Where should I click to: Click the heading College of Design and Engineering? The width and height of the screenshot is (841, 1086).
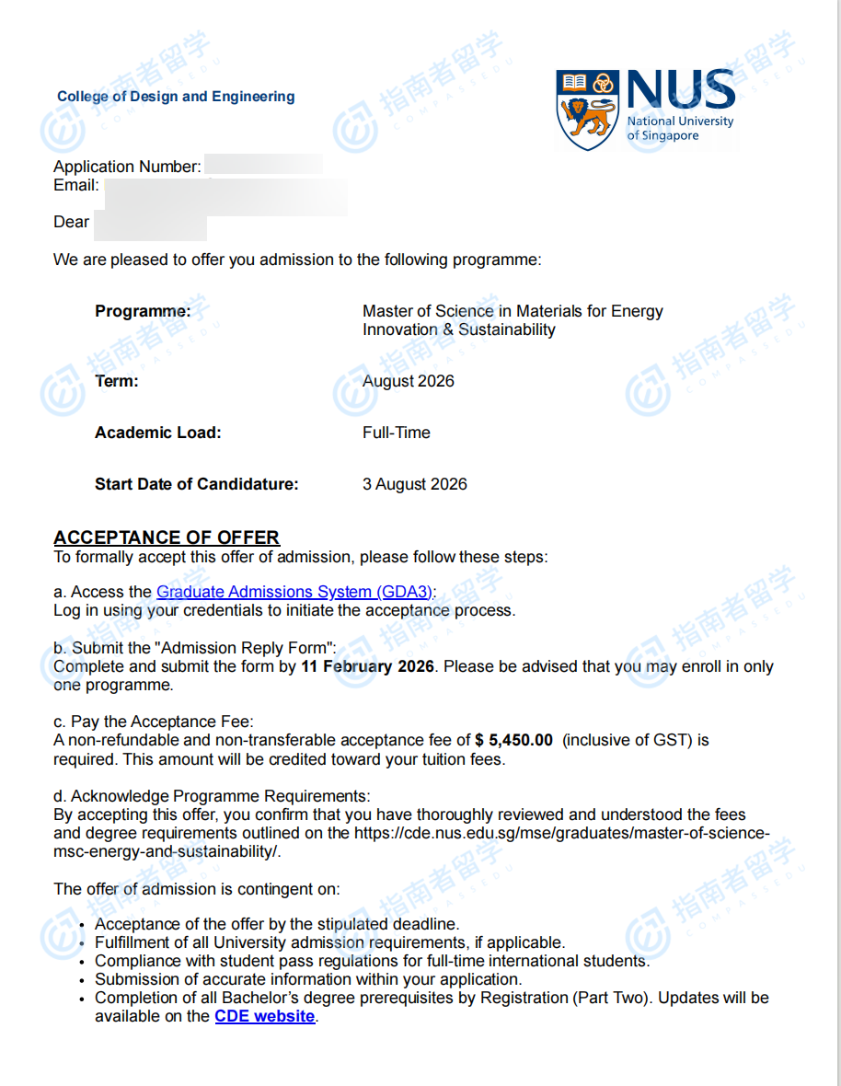click(176, 97)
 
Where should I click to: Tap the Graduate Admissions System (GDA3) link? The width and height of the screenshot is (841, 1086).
click(294, 592)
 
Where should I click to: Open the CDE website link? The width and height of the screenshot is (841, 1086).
click(264, 1016)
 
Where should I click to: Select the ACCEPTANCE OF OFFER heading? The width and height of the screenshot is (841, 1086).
click(167, 537)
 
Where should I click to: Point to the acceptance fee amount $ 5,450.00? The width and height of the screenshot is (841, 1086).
click(514, 740)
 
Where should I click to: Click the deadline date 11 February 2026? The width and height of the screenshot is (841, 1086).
click(367, 666)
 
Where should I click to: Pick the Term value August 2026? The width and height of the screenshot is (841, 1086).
click(408, 381)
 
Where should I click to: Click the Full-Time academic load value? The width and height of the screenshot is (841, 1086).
click(396, 433)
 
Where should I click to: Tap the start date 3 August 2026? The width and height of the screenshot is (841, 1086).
click(414, 484)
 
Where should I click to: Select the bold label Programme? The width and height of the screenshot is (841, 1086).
click(143, 311)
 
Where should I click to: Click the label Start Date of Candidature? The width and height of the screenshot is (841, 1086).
click(196, 484)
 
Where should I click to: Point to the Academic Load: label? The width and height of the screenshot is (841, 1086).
click(157, 433)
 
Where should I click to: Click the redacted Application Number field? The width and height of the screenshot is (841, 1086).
click(263, 166)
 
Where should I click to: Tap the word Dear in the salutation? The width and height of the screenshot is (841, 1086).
click(71, 222)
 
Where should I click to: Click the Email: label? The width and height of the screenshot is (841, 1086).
click(76, 185)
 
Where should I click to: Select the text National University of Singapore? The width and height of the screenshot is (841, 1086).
click(680, 128)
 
